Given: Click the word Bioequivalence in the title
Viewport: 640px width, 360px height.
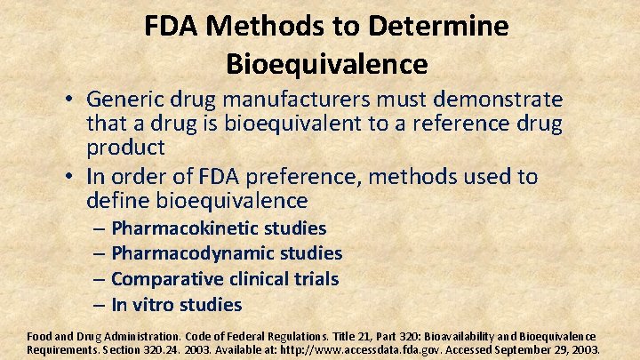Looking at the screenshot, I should pyautogui.click(x=326, y=64).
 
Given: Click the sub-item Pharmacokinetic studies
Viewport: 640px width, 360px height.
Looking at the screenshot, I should pyautogui.click(x=219, y=228).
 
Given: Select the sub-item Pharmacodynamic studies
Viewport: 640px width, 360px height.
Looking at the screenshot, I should pyautogui.click(x=227, y=253).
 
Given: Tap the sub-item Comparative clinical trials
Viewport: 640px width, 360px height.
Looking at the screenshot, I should pyautogui.click(x=225, y=279).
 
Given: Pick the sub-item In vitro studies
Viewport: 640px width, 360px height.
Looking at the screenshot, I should pyautogui.click(x=176, y=305).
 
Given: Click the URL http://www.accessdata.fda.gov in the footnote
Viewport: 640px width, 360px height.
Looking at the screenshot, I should pyautogui.click(x=345, y=349).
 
